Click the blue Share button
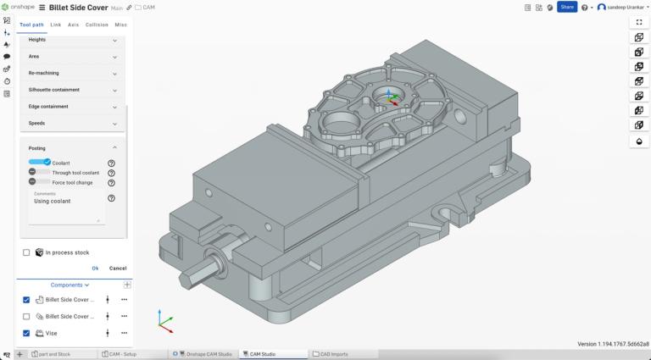coord(567,7)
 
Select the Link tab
coord(55,25)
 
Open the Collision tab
coord(97,25)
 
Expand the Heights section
coord(72,40)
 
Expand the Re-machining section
coord(72,73)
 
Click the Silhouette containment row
coord(72,90)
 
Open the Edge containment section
coord(72,107)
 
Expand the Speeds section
coord(72,124)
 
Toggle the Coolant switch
coord(40,162)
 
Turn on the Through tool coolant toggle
coord(39,172)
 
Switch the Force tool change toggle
coord(39,182)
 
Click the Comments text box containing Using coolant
coord(64,207)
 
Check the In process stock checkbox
coord(26,252)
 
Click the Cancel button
coord(118,269)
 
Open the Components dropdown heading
coord(70,285)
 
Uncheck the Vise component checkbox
coord(26,333)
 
